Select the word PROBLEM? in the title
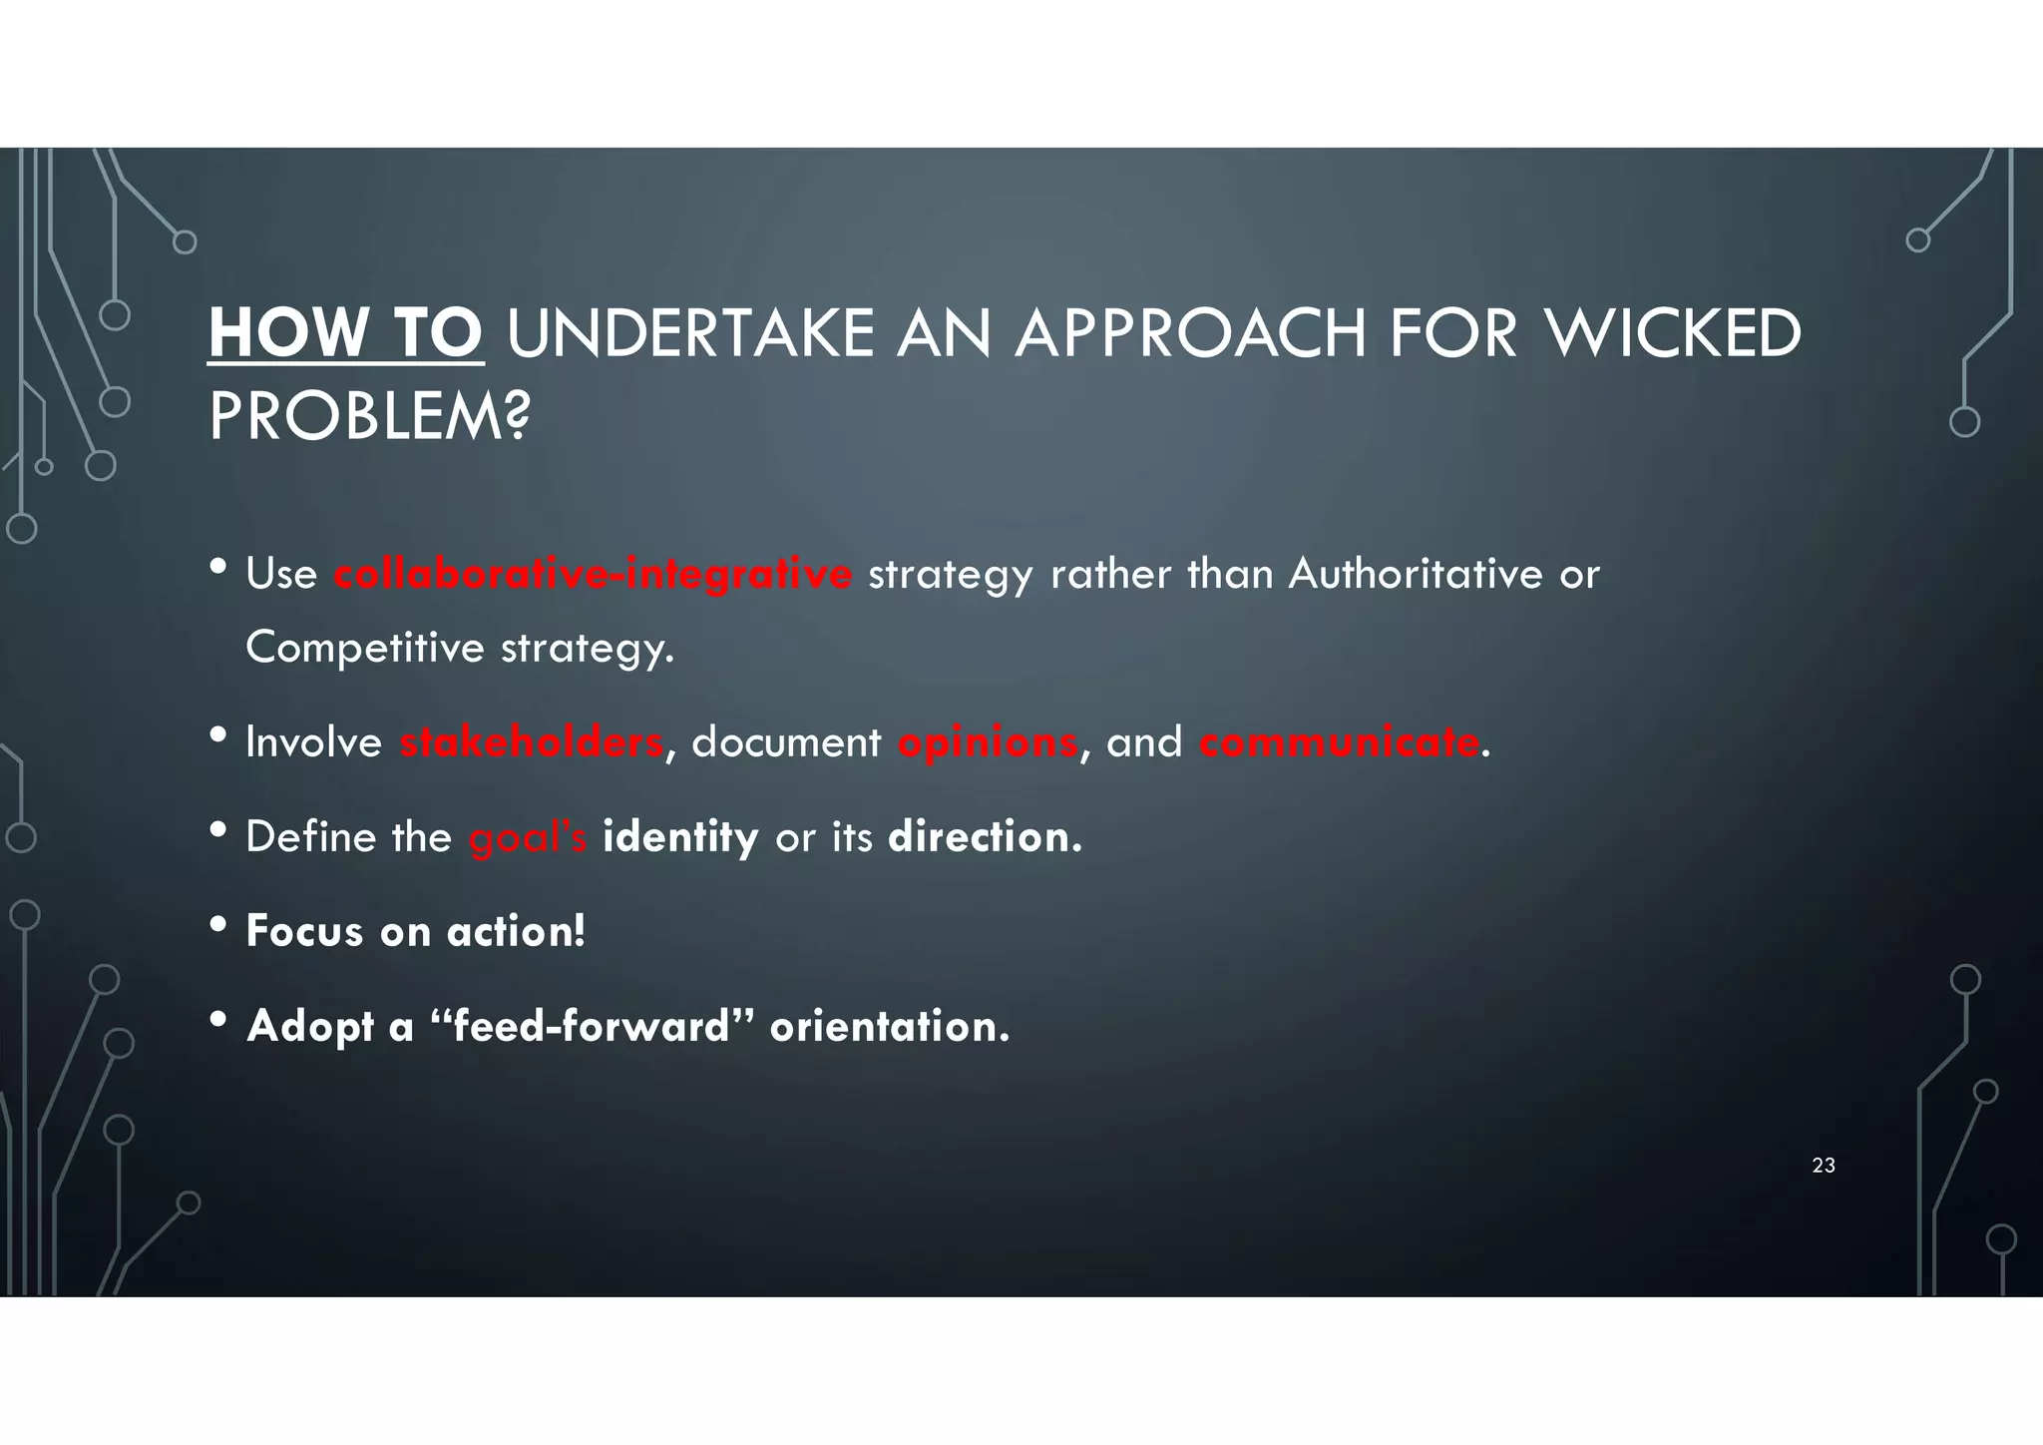click(369, 416)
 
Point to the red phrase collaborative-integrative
click(593, 575)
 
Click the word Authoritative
click(1416, 574)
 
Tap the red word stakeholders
click(531, 742)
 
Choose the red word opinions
click(987, 742)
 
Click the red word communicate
click(1339, 742)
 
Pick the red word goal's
click(528, 837)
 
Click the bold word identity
click(680, 837)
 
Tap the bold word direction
click(984, 836)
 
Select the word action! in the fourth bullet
click(516, 932)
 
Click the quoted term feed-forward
click(592, 1026)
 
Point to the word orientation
click(889, 1026)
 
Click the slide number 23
click(1824, 1166)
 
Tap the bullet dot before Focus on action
click(219, 925)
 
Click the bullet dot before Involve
click(219, 736)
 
